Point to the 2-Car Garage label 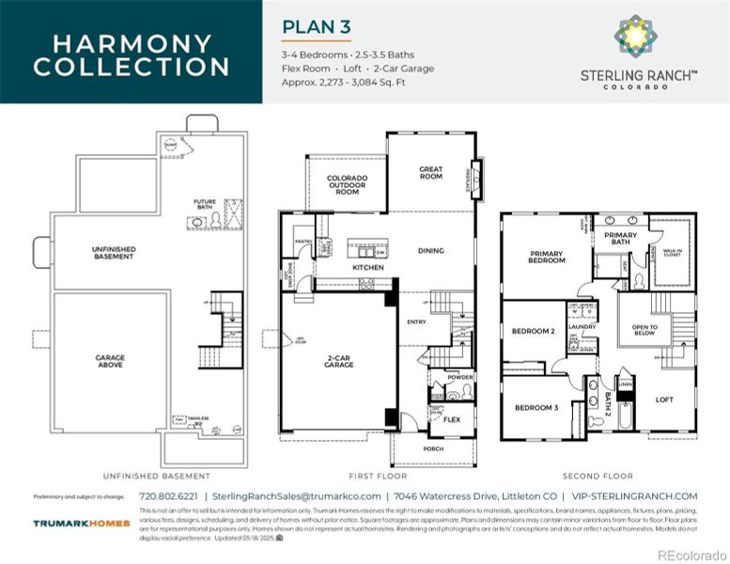tap(339, 361)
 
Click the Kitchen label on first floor tap(367, 268)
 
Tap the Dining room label tap(430, 251)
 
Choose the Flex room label tap(451, 419)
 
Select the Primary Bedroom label tap(547, 257)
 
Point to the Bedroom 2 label tap(533, 331)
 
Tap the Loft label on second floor tap(664, 399)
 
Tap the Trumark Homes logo tap(81, 524)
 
